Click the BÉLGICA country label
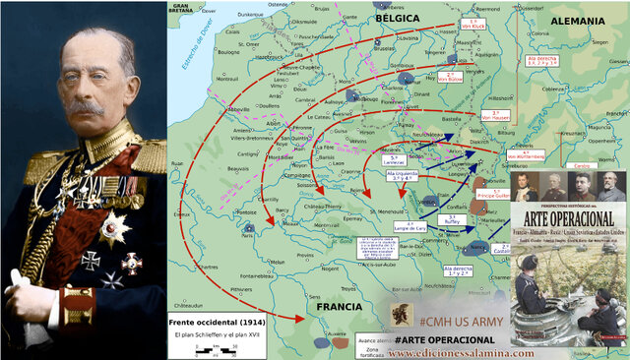(396, 18)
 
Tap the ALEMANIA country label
(578, 21)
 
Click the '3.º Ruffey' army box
(438, 222)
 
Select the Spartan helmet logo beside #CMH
(403, 316)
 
